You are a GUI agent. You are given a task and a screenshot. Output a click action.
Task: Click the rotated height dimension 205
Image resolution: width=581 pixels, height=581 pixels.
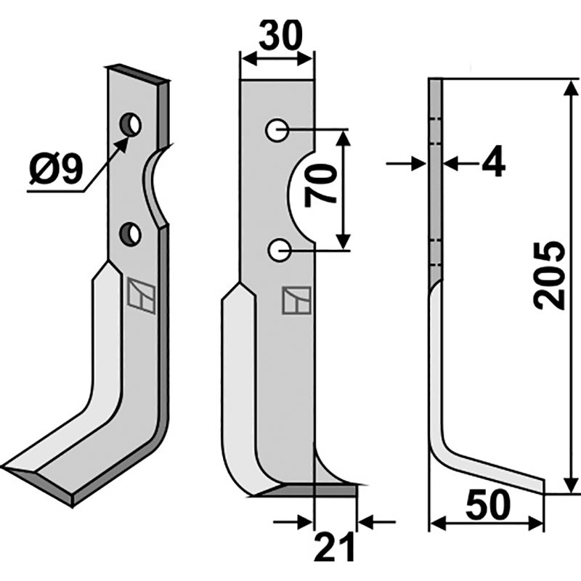[549, 275]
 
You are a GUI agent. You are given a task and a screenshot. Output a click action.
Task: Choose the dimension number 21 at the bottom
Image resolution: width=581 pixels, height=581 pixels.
[334, 547]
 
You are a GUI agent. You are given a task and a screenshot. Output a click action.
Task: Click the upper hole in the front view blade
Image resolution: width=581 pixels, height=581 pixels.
[277, 131]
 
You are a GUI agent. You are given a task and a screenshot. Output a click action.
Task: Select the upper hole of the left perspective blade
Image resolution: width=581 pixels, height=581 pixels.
[131, 124]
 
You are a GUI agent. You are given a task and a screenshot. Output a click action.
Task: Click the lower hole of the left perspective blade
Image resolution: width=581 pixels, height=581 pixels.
[131, 233]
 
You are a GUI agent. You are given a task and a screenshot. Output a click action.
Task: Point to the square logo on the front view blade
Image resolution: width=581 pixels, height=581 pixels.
[297, 300]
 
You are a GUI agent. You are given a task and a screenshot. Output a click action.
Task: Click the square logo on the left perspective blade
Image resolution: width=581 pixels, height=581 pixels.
[141, 296]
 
